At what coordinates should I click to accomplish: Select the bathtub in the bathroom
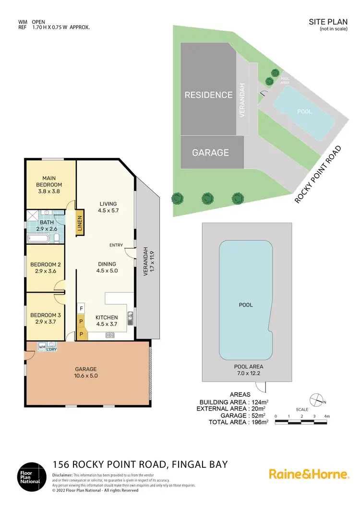coord(39,238)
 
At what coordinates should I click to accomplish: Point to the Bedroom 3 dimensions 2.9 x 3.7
coord(46,322)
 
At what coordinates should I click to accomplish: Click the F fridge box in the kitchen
coord(82,308)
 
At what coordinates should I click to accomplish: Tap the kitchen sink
coord(130,316)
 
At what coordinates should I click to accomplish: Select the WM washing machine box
coord(41,346)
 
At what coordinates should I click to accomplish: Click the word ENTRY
coord(116,245)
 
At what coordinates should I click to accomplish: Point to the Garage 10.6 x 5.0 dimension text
coord(86,376)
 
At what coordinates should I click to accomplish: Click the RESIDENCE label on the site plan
coord(208,95)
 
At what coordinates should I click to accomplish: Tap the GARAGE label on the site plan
coord(210,153)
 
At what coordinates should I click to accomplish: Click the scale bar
coord(301,422)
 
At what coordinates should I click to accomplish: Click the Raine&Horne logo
coord(308,474)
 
